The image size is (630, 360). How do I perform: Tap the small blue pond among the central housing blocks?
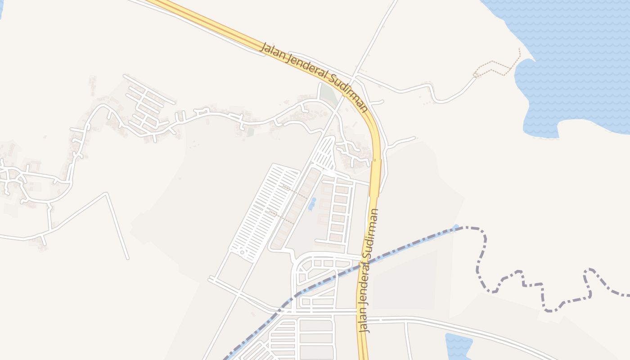312,203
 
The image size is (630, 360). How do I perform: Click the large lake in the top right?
576,67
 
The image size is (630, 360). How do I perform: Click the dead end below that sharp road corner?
128,258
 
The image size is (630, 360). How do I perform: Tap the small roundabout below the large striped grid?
242,252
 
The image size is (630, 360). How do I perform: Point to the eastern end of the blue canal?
456,227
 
